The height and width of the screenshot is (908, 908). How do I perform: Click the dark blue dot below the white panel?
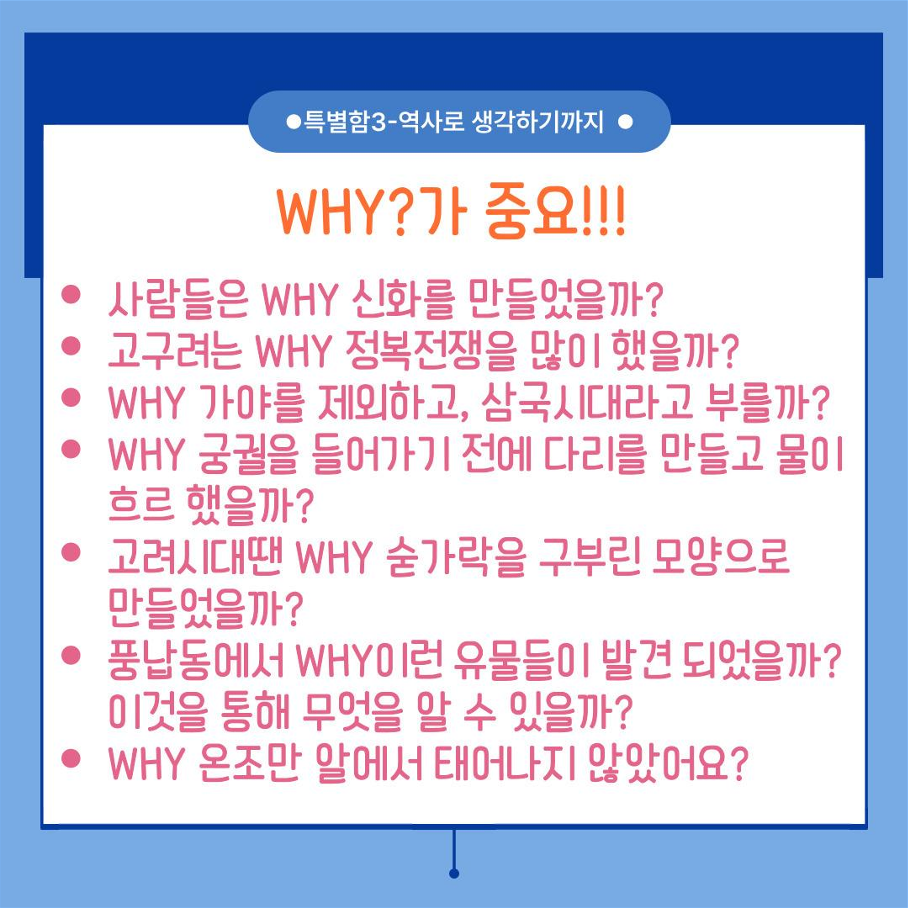click(x=454, y=874)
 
